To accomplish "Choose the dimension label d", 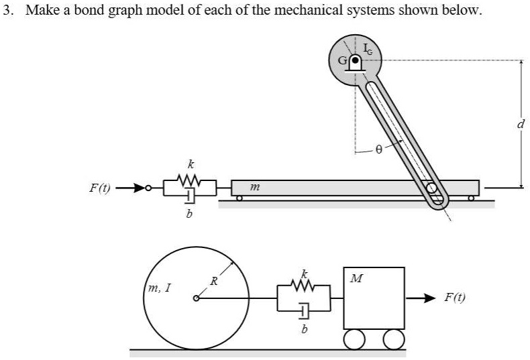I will click(521, 124).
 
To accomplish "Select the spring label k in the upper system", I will click(191, 163).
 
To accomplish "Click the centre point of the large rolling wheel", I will click(195, 298).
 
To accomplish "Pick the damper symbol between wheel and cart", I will click(304, 310).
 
